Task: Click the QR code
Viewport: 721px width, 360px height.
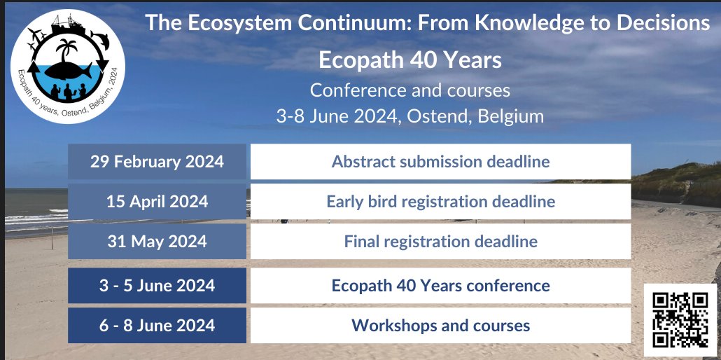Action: point(680,319)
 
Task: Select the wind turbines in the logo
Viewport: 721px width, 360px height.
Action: point(35,38)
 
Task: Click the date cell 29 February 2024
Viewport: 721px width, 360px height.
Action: point(157,162)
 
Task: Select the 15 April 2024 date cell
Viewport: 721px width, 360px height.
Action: point(157,202)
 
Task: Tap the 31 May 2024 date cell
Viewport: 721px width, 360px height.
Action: point(157,242)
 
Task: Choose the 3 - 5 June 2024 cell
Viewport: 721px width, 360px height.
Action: point(157,286)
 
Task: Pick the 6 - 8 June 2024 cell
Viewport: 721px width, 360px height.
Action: point(157,326)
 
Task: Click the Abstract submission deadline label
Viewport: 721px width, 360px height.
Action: point(440,162)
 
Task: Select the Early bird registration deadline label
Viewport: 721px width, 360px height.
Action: point(440,202)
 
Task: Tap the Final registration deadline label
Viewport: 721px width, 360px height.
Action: point(440,242)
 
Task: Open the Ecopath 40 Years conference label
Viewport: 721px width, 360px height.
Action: point(440,286)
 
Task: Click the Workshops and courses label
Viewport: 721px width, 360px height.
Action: point(440,326)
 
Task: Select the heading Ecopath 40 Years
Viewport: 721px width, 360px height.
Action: point(410,60)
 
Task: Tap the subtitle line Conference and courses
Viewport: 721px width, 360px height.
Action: point(410,90)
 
